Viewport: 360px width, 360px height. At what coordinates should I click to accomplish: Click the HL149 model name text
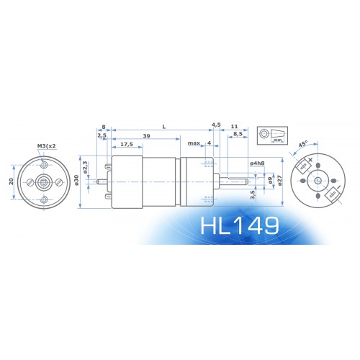[x=240, y=225]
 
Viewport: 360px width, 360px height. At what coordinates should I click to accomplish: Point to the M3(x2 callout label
[x=47, y=146]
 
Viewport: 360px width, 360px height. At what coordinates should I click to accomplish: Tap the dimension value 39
[x=146, y=136]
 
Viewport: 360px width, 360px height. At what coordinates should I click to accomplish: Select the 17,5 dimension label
[x=127, y=144]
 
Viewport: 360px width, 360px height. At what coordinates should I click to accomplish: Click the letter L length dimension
[x=164, y=127]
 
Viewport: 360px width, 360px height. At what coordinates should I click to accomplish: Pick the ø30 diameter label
[x=76, y=180]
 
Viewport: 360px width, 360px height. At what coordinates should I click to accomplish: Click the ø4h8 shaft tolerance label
[x=257, y=163]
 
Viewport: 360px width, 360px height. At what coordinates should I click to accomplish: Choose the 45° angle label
[x=303, y=144]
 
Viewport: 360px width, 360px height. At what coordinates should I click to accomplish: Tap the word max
[x=194, y=143]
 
